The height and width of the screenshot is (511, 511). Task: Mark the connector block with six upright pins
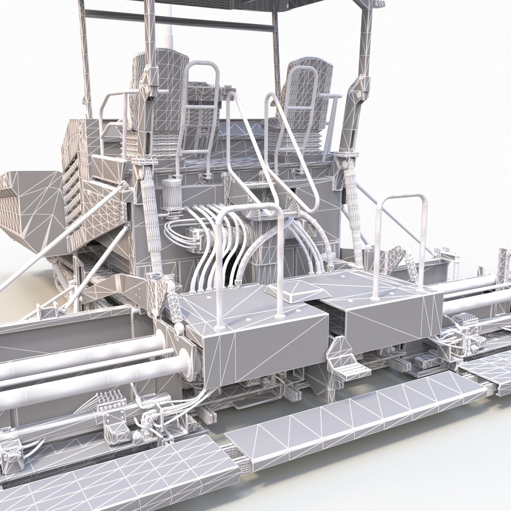pos(109,402)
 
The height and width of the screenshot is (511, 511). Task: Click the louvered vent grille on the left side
pos(71,194)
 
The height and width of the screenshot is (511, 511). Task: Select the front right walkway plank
pos(355,416)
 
